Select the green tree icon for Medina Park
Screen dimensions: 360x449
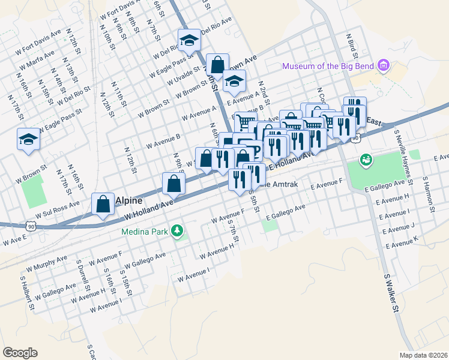coord(177,230)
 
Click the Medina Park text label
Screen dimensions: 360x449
coord(145,230)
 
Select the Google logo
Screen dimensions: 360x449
coord(20,352)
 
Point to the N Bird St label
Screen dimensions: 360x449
coord(351,45)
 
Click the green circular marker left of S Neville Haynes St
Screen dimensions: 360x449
coord(365,160)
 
